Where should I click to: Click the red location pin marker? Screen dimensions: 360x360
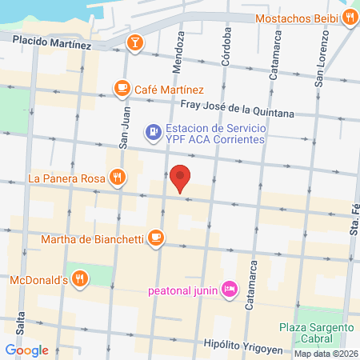pyautogui.click(x=181, y=178)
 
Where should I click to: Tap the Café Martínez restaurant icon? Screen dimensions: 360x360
pyautogui.click(x=122, y=88)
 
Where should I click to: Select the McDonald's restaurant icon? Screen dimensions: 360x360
pyautogui.click(x=79, y=278)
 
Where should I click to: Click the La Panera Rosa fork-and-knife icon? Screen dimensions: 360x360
pyautogui.click(x=118, y=177)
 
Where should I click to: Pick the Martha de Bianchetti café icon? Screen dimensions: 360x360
pyautogui.click(x=156, y=237)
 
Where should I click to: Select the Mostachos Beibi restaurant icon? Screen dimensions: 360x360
pyautogui.click(x=351, y=18)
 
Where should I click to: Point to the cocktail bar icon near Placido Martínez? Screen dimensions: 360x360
pyautogui.click(x=135, y=41)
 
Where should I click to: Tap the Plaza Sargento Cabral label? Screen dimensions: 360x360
pyautogui.click(x=317, y=334)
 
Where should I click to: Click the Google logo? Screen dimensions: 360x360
pyautogui.click(x=26, y=350)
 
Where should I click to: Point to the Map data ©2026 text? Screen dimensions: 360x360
pyautogui.click(x=326, y=354)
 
